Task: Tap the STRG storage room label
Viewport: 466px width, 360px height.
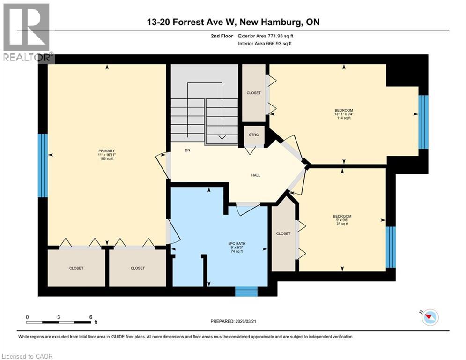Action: (253, 135)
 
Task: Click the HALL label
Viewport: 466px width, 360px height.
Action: (255, 175)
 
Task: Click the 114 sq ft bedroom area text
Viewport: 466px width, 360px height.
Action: (343, 118)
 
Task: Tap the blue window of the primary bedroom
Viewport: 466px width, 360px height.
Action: (43, 165)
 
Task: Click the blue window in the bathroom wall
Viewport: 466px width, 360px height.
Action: (246, 291)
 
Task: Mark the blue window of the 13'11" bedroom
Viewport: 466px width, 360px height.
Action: (423, 122)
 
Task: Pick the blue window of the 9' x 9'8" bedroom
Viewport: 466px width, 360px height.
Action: (391, 247)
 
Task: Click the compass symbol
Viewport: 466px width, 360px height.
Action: (429, 318)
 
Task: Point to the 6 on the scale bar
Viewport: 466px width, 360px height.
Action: (90, 317)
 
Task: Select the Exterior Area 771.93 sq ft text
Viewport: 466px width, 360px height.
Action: (266, 36)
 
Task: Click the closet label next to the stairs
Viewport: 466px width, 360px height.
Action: (253, 93)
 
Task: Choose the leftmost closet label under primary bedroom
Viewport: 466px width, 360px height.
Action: (76, 268)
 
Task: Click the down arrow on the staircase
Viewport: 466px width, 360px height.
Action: (222, 137)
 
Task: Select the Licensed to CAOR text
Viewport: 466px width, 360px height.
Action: (27, 356)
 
